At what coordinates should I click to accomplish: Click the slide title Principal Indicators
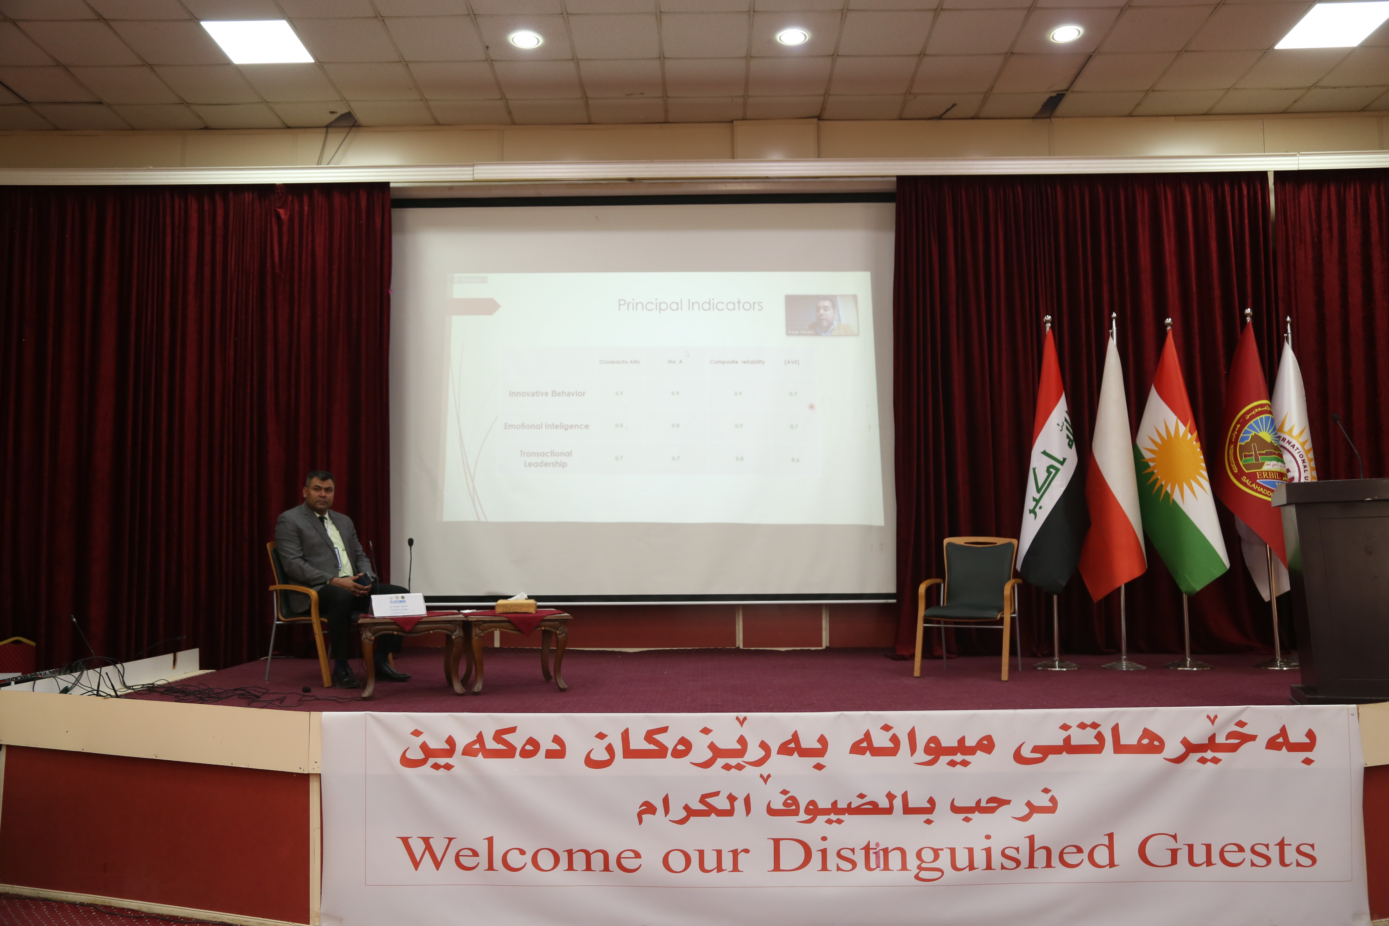(x=690, y=305)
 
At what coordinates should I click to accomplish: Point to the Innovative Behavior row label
(x=547, y=393)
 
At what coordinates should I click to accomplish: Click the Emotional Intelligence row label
(x=546, y=426)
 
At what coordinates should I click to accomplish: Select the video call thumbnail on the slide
(x=821, y=315)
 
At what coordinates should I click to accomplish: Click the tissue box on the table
(x=516, y=606)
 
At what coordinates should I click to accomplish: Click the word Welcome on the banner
(x=520, y=855)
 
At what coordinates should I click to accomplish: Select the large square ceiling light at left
(x=257, y=41)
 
